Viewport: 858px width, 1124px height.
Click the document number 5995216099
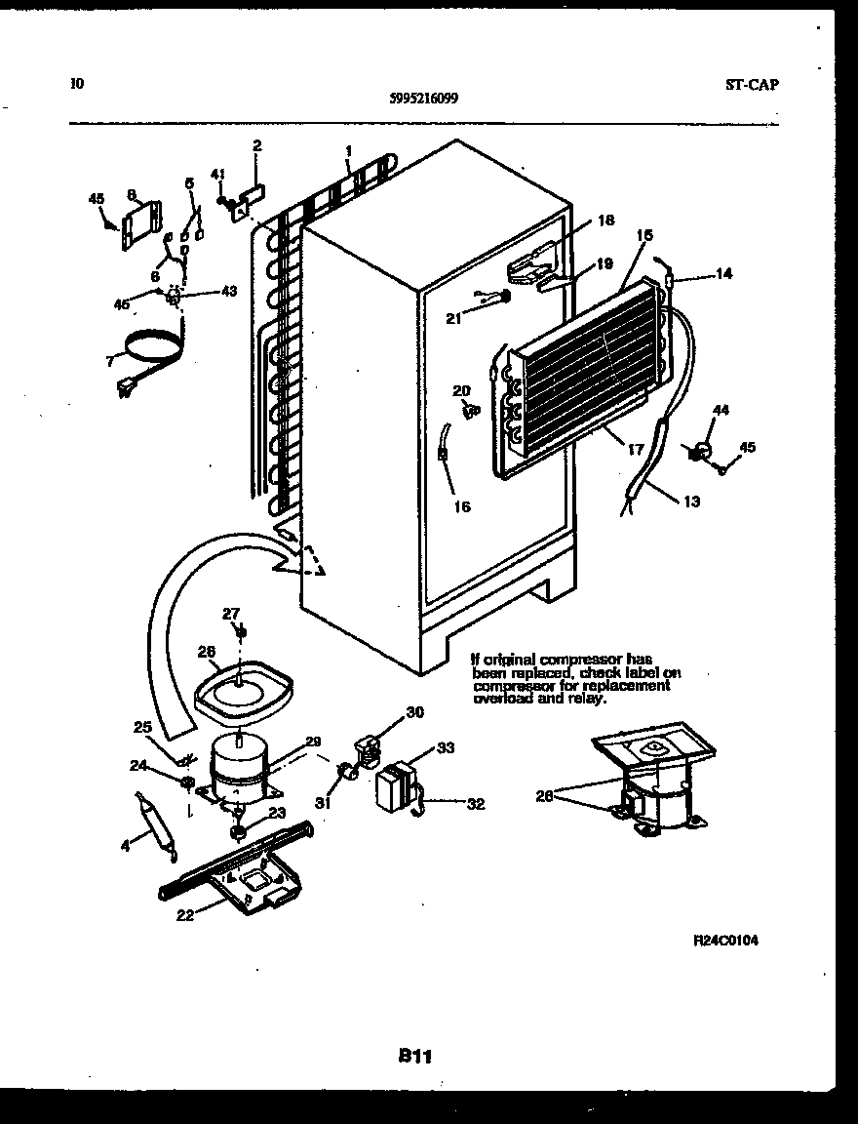tap(424, 98)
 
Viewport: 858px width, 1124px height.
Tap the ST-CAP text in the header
tap(752, 84)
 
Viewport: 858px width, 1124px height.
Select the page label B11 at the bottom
tap(414, 1055)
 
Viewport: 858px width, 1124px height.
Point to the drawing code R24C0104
tap(725, 941)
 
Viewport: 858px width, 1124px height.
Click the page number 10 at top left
tap(77, 83)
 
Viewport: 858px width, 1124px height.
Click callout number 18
tap(605, 221)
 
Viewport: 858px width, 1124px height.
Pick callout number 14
tap(722, 275)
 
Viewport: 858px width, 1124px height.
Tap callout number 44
tap(720, 411)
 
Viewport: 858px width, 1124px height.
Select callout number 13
tap(690, 502)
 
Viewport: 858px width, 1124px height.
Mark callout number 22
tap(184, 914)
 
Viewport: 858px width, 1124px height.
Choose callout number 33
tap(446, 748)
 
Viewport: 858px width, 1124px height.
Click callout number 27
tap(230, 614)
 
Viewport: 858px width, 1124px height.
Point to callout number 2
tap(256, 146)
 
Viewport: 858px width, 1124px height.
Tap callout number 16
tap(461, 507)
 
